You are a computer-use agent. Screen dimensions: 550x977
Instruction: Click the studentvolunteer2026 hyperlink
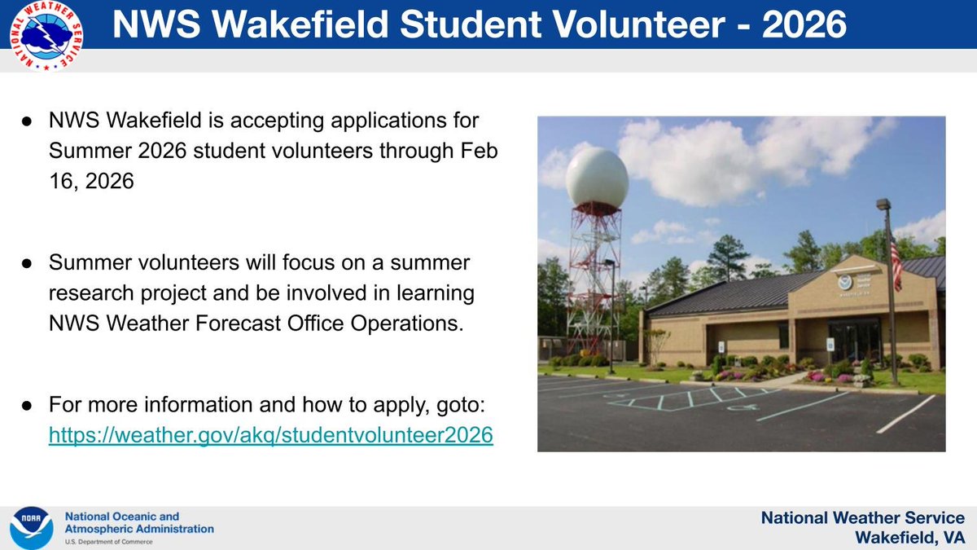pyautogui.click(x=271, y=435)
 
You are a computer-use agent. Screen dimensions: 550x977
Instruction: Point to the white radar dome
pyautogui.click(x=597, y=175)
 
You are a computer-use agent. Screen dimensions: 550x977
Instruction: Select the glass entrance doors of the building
pyautogui.click(x=855, y=341)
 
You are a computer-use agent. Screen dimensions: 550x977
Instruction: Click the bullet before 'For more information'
pyautogui.click(x=27, y=404)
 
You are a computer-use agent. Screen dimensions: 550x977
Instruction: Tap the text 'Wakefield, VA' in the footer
pyautogui.click(x=909, y=537)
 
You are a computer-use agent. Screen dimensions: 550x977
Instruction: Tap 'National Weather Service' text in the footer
pyautogui.click(x=862, y=518)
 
